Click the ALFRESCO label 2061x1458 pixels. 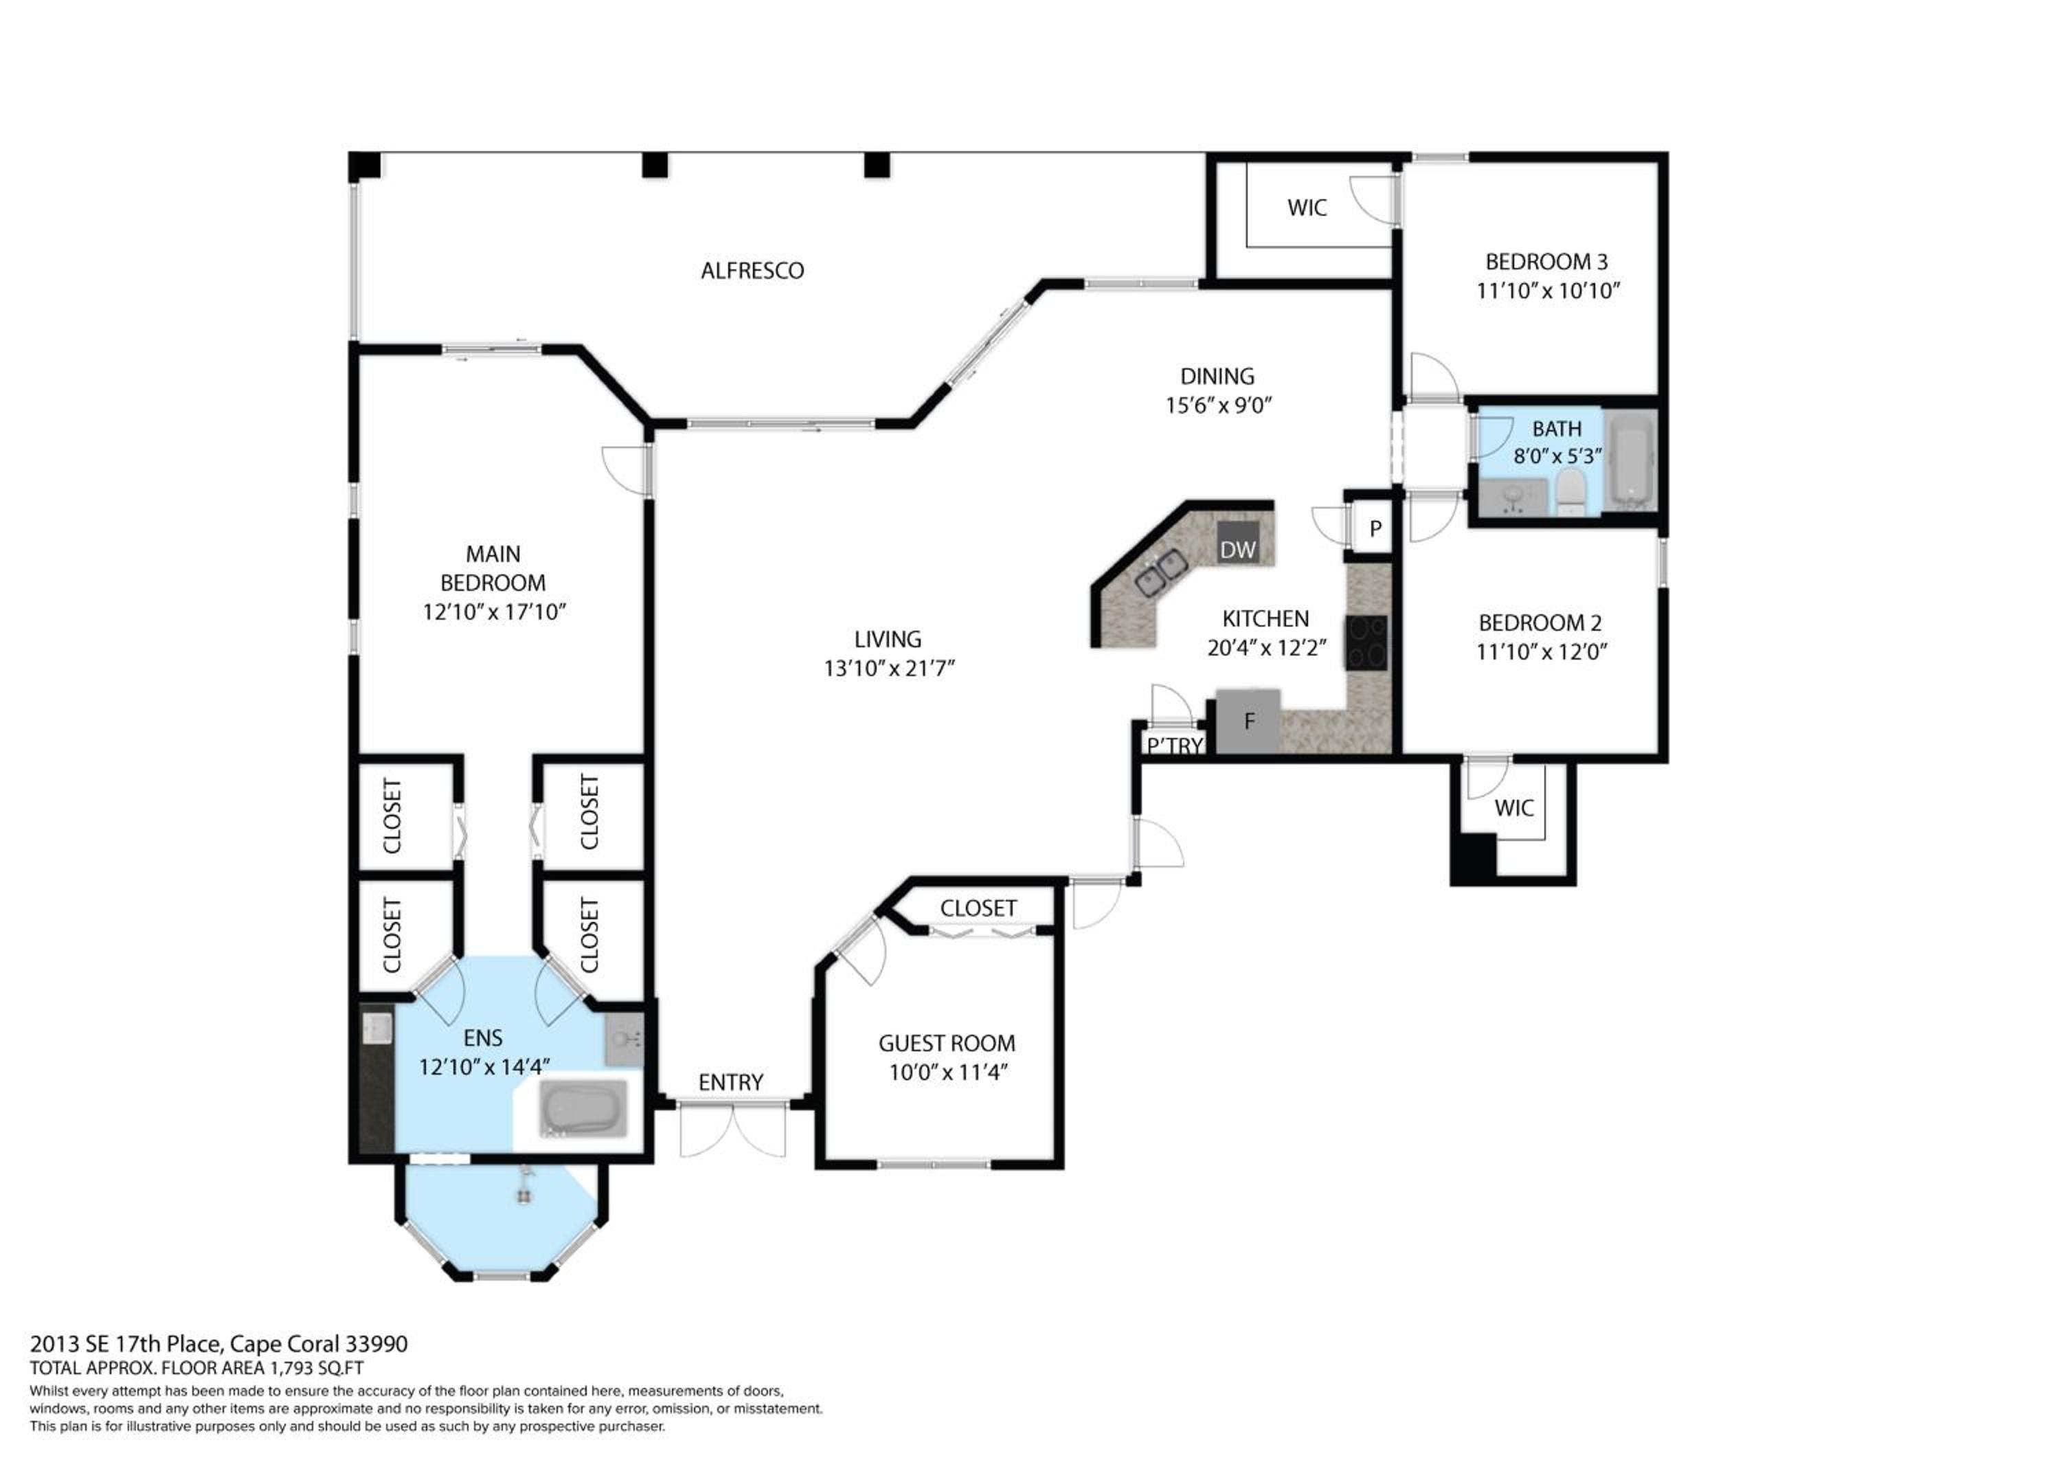[x=752, y=270]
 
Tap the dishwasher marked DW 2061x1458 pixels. [x=1238, y=542]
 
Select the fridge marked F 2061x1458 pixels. [x=1249, y=721]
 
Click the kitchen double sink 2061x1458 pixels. [x=1162, y=574]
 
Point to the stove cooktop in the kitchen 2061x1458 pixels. [x=1366, y=643]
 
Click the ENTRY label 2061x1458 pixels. [x=731, y=1083]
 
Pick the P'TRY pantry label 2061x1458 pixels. [x=1175, y=745]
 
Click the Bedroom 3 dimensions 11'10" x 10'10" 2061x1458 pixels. [x=1548, y=291]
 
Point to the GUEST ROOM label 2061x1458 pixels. [x=947, y=1043]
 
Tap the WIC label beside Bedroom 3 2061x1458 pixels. [x=1307, y=208]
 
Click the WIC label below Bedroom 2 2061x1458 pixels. [x=1514, y=808]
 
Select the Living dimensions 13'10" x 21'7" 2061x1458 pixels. [x=890, y=668]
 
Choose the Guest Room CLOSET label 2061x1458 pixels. [x=978, y=908]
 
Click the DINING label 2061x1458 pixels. [x=1217, y=376]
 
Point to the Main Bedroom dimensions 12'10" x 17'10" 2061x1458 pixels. [x=495, y=612]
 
